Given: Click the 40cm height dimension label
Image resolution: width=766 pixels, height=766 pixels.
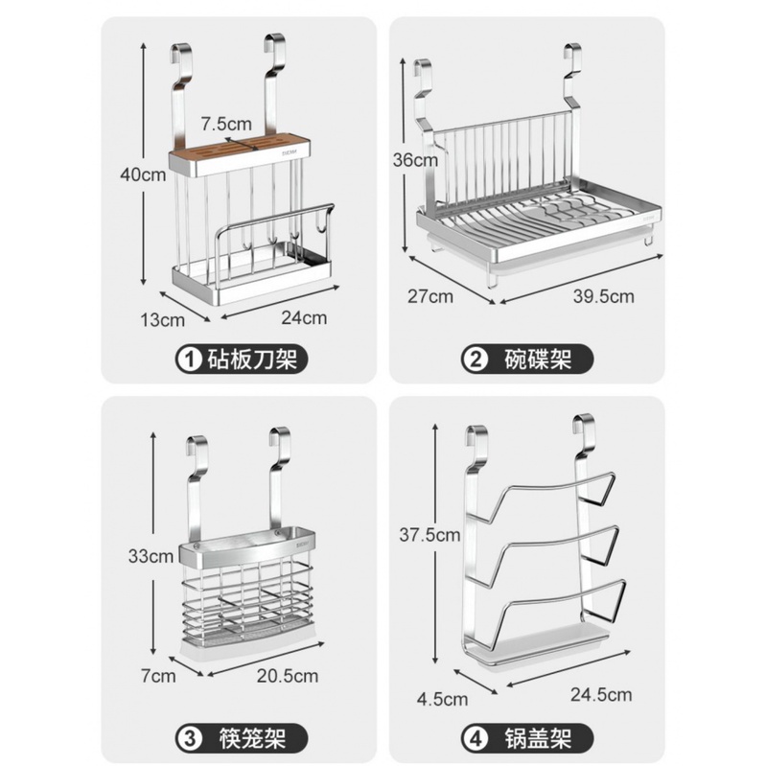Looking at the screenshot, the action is click(x=143, y=174).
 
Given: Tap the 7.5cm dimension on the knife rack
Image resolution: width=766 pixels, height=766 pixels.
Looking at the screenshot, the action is click(x=226, y=124).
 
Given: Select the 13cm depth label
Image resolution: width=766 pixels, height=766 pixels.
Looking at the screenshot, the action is click(x=163, y=320).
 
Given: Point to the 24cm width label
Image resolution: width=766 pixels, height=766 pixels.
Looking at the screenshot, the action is click(x=304, y=318).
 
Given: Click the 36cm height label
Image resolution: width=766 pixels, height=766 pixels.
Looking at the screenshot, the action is click(x=415, y=160).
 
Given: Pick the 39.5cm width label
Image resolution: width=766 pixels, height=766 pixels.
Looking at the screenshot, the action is click(x=604, y=296).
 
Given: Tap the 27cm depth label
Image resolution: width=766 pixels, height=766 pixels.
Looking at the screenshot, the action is click(x=430, y=296).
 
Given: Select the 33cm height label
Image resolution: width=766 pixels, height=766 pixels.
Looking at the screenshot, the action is click(x=151, y=556).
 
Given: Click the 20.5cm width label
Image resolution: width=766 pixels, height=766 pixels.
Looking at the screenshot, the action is click(x=288, y=676).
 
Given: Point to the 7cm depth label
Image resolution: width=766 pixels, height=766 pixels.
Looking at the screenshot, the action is click(x=158, y=676).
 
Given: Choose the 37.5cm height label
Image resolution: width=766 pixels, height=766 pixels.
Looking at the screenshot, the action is click(x=429, y=535).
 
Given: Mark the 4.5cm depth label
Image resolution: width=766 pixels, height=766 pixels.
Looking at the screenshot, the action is click(x=442, y=699).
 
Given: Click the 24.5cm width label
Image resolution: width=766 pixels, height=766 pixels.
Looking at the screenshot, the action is click(x=601, y=695).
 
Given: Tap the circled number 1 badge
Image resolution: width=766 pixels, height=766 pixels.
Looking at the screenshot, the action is click(x=190, y=360).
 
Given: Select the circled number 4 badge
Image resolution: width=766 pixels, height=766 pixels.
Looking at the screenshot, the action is click(x=476, y=739).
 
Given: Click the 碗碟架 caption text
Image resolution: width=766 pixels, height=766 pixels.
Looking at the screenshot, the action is click(x=538, y=360).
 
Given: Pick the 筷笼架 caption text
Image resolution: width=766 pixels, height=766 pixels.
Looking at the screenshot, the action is click(x=252, y=739).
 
